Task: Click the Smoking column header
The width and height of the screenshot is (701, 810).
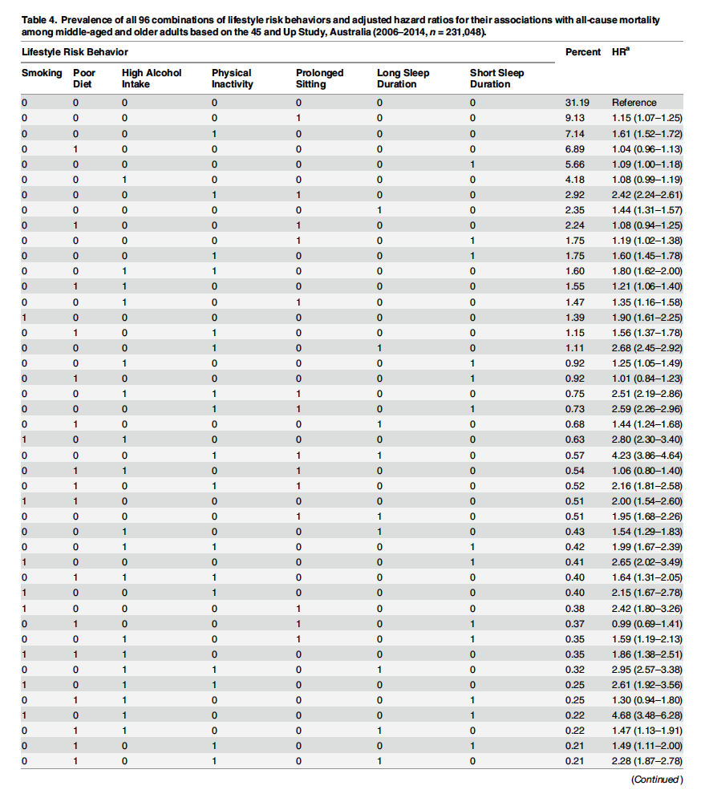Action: tap(41, 73)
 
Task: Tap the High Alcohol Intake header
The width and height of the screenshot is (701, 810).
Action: tap(152, 78)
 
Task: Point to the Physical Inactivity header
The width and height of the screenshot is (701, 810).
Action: tap(232, 78)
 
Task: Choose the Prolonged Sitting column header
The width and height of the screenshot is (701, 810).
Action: tap(319, 78)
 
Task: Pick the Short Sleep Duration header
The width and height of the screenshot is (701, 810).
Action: tap(496, 78)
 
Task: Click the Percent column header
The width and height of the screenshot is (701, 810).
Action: tap(582, 51)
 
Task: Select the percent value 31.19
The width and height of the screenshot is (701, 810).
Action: tap(577, 103)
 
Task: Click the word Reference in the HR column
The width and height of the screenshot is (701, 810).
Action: tap(634, 103)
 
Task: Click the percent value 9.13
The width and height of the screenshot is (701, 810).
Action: tap(577, 117)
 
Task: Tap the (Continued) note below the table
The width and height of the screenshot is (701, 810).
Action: tap(656, 780)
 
